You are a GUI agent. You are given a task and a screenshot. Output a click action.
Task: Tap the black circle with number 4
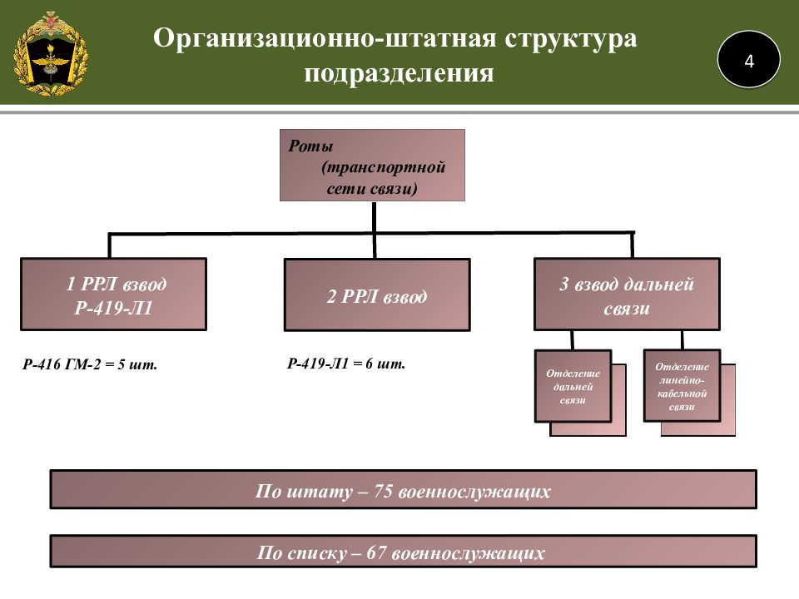748,60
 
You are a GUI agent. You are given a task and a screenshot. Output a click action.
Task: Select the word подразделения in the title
399,74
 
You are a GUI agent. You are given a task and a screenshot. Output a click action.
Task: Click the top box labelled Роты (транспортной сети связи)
371,166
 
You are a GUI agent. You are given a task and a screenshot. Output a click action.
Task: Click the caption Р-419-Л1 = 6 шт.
346,364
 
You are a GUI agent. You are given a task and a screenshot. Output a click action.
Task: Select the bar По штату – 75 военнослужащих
403,491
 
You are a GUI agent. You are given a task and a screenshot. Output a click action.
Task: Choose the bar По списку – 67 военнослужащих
403,552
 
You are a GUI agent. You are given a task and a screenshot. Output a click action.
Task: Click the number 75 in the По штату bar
383,491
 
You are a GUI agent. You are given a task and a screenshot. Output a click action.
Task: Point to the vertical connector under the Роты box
374,217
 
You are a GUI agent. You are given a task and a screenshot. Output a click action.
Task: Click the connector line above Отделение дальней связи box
572,339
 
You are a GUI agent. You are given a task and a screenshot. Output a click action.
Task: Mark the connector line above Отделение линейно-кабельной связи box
682,339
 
